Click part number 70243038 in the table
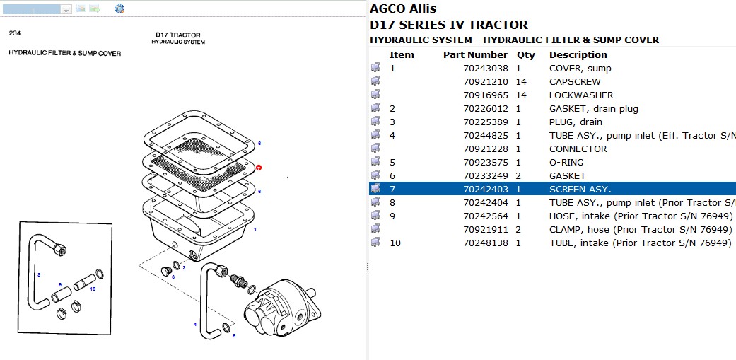(485, 69)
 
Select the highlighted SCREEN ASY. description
(580, 189)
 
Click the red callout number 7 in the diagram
(259, 168)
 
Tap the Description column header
(578, 54)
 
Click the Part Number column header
(475, 54)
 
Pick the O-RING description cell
(566, 162)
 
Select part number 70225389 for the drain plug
(485, 122)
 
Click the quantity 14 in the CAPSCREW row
(521, 82)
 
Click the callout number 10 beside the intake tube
(93, 289)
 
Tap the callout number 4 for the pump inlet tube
(195, 325)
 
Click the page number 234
(15, 33)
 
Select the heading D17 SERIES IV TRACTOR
(448, 25)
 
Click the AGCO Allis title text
(403, 9)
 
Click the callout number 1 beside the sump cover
(255, 230)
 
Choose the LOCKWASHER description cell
(581, 95)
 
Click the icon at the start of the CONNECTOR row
(375, 149)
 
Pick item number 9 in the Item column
(392, 216)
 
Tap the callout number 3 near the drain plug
(173, 277)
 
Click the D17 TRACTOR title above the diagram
(178, 35)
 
